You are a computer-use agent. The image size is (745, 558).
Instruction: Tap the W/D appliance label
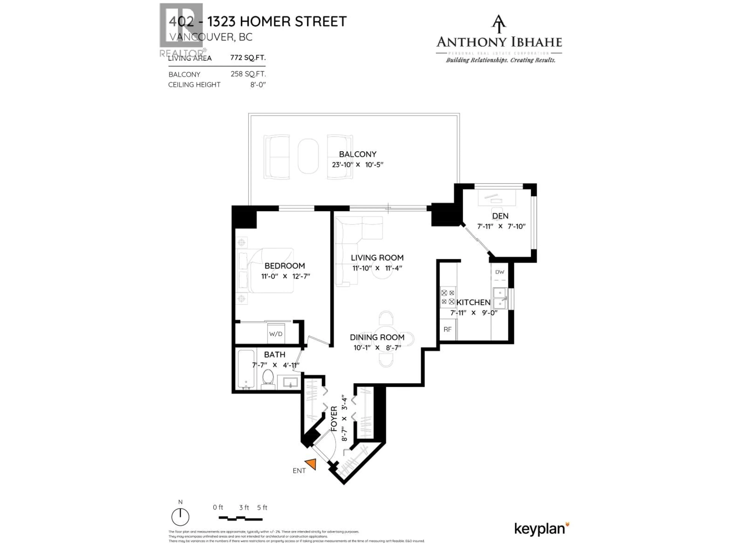[x=275, y=334]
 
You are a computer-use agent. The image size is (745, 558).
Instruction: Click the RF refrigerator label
[x=447, y=330]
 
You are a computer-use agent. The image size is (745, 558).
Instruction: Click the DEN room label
[x=500, y=216]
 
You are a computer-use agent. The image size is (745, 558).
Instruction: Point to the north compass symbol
[x=180, y=517]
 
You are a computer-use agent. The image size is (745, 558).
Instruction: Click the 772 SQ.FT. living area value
[x=248, y=58]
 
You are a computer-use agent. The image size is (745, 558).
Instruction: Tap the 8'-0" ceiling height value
[x=258, y=85]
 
